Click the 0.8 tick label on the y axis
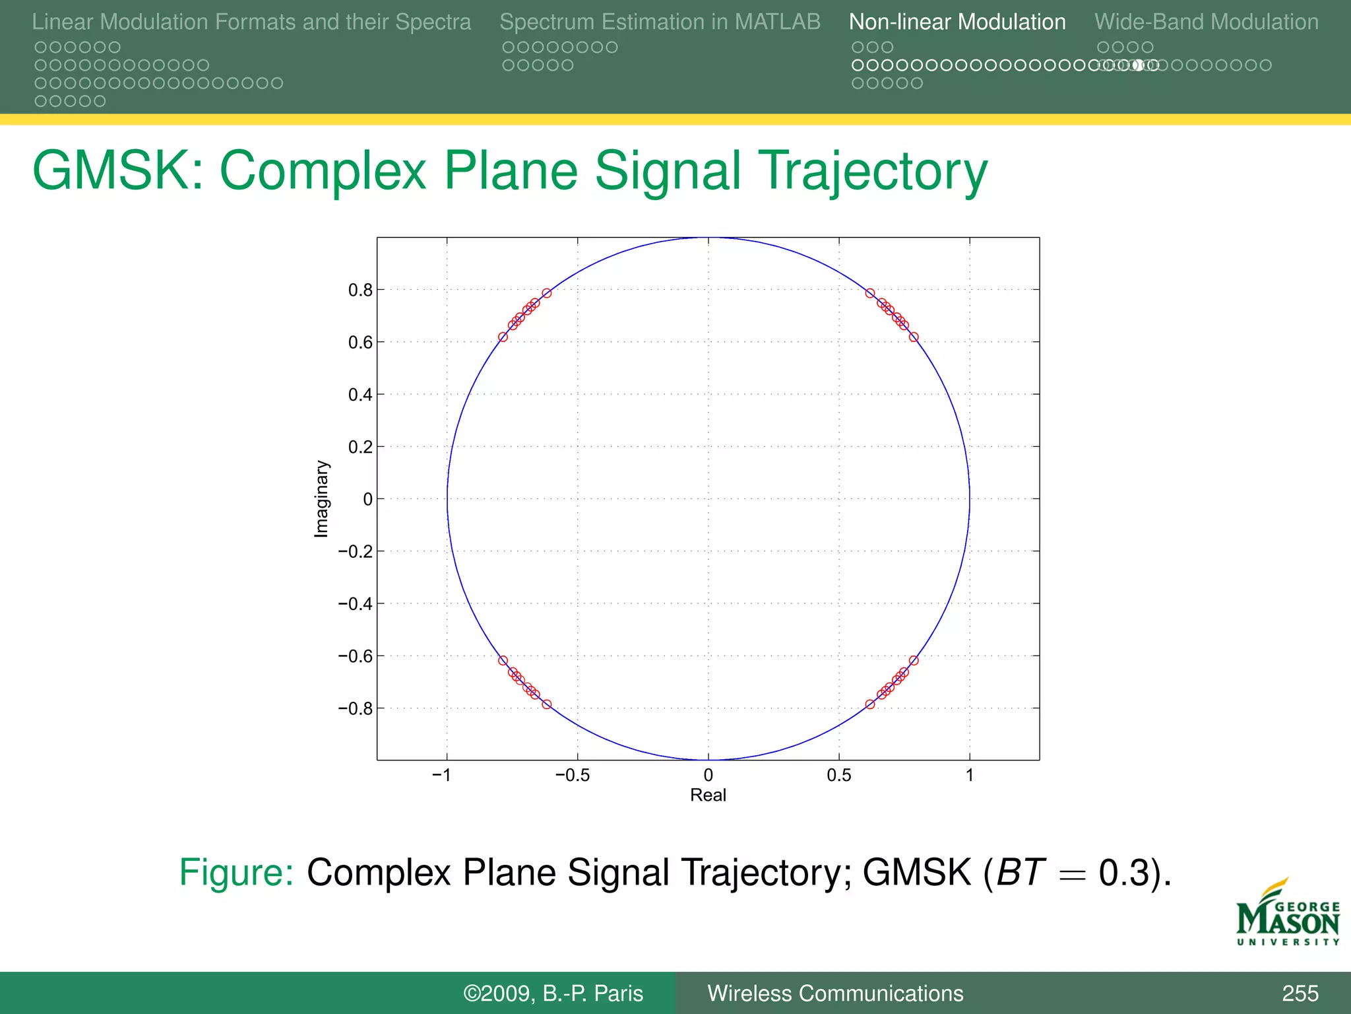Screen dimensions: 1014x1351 360,290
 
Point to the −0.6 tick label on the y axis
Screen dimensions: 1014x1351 356,656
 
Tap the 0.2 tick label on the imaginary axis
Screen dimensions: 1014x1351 360,448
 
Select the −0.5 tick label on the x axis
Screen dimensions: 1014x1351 573,775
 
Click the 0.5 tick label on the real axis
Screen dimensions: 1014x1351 838,775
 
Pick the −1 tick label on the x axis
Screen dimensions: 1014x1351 442,775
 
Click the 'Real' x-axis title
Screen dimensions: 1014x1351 708,795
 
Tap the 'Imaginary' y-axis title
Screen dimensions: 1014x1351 321,499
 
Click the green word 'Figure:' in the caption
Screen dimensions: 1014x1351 236,873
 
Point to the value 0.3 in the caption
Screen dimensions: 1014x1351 1124,873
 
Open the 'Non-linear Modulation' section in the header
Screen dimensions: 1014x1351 957,22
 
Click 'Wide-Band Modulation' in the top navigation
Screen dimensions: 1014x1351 1206,22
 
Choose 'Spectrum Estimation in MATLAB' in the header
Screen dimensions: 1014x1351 660,22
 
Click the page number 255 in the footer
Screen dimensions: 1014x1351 1300,994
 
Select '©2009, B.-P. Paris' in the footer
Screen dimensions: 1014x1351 553,994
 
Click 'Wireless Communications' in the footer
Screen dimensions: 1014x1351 835,994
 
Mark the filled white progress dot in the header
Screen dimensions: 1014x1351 1138,65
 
